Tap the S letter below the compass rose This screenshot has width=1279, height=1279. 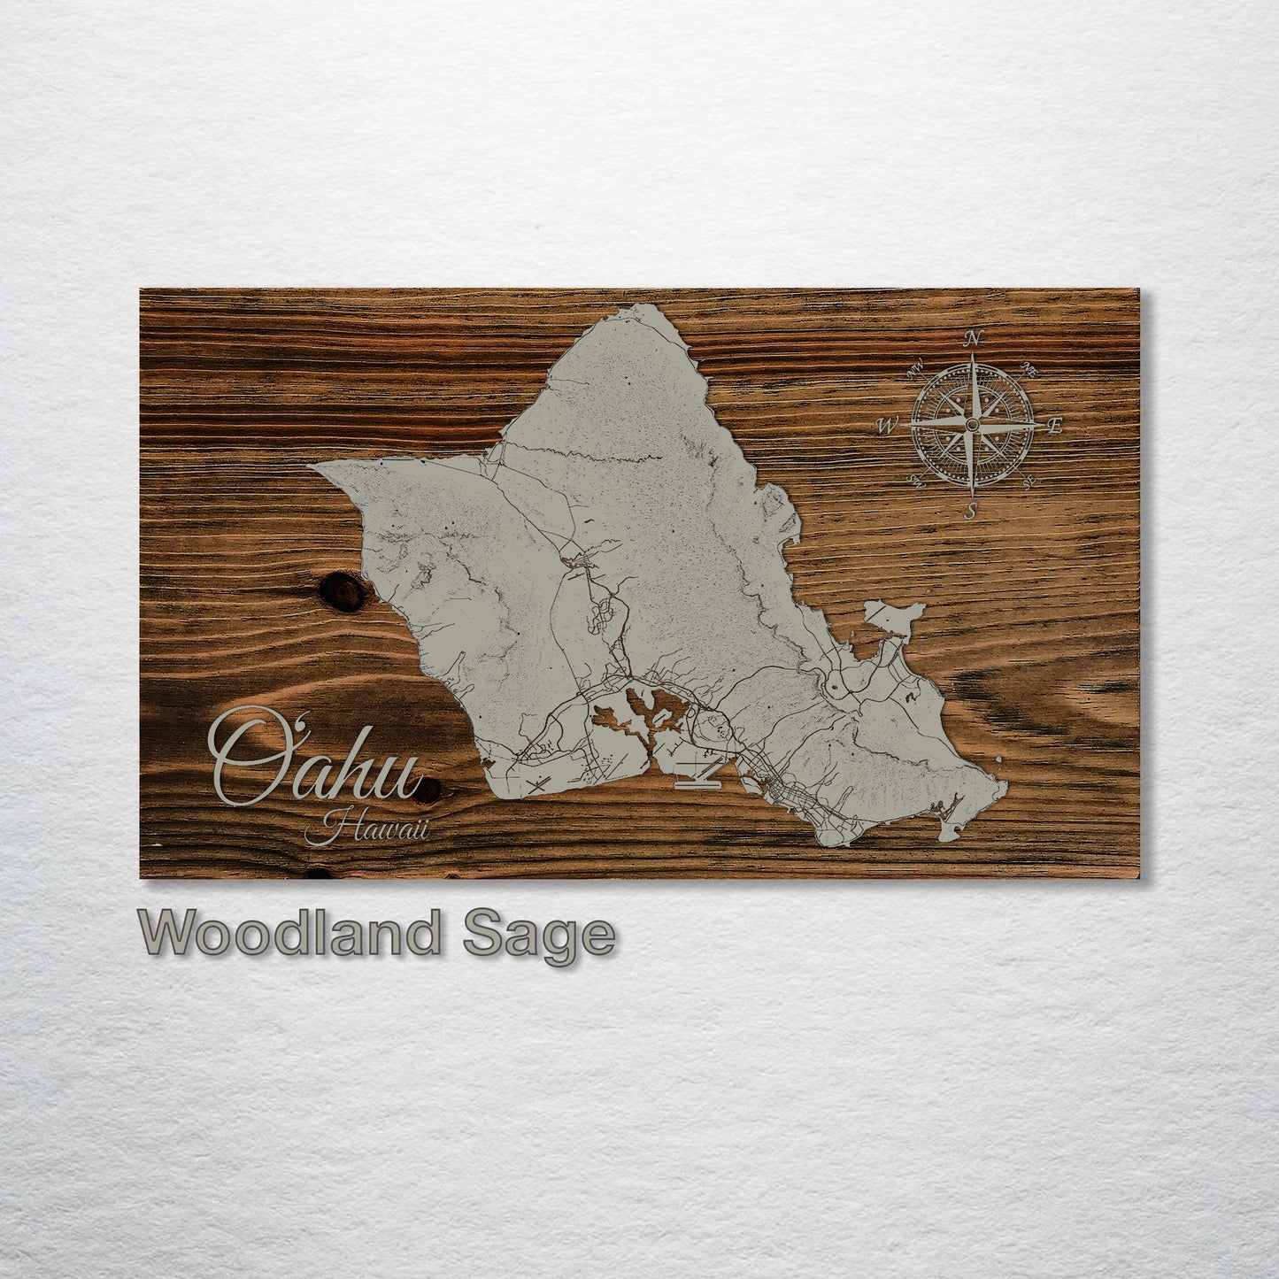[970, 511]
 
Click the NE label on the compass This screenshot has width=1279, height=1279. [1029, 366]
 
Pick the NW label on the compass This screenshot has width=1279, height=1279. [915, 364]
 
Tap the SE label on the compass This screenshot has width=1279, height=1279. [1029, 482]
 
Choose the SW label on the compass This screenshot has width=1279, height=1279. [914, 482]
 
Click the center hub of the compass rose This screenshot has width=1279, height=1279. [971, 426]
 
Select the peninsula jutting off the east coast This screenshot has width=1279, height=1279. [897, 616]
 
